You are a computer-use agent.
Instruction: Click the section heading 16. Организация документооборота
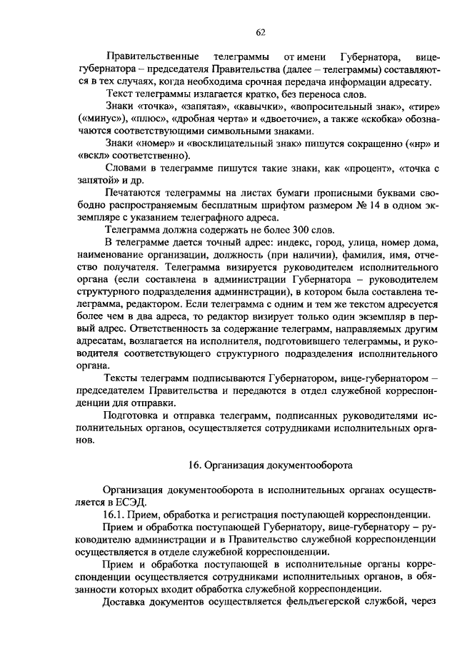(x=271, y=464)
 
